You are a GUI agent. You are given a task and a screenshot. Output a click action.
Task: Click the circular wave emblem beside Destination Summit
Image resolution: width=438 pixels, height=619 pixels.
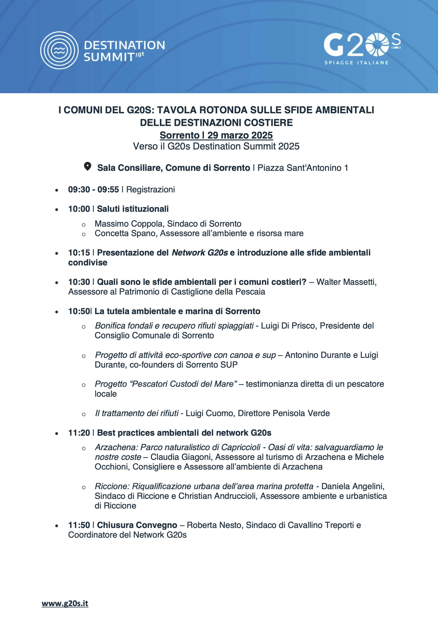click(x=59, y=50)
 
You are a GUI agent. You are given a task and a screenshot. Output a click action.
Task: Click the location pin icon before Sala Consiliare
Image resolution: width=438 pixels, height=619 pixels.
click(x=87, y=167)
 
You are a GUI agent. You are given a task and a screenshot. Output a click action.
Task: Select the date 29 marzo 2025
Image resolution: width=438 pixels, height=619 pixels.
click(x=240, y=135)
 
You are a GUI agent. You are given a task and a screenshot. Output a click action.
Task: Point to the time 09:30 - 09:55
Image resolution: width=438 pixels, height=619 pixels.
click(x=93, y=190)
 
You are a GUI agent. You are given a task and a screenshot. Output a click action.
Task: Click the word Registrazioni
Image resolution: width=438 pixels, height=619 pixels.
click(x=150, y=190)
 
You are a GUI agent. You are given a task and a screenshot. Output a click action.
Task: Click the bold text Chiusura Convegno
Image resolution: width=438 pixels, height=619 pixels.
click(x=137, y=525)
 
